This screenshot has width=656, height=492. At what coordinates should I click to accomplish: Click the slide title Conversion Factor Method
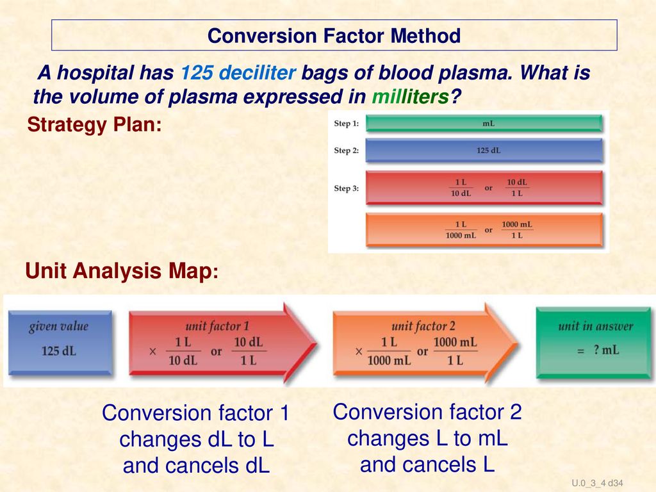click(x=334, y=36)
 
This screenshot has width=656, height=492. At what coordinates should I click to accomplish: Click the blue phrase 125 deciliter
click(x=238, y=72)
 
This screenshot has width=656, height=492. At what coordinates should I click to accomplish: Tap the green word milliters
click(x=410, y=97)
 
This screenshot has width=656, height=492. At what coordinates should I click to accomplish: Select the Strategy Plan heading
click(x=94, y=125)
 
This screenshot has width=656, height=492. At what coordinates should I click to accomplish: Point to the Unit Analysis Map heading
click(x=122, y=270)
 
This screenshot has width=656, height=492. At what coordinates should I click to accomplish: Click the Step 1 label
click(x=347, y=124)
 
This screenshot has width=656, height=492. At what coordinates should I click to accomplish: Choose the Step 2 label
click(x=347, y=150)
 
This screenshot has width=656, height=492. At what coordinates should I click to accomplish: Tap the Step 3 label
click(x=347, y=188)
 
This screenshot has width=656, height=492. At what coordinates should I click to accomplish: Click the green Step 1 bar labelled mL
click(x=484, y=124)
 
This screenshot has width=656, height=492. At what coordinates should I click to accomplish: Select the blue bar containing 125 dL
click(x=484, y=151)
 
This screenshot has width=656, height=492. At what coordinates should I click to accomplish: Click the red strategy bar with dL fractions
click(x=484, y=188)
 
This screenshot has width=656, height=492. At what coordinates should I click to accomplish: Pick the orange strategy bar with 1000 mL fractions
click(x=484, y=230)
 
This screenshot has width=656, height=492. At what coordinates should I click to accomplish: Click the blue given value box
click(x=60, y=342)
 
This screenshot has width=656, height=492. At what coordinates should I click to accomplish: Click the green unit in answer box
click(x=594, y=343)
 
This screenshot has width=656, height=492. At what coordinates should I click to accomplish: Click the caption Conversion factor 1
click(x=196, y=413)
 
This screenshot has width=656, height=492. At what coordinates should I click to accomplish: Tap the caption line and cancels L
click(x=427, y=464)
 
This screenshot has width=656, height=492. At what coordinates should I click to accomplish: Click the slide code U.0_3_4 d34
click(x=597, y=483)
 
